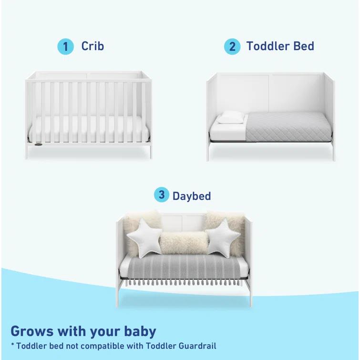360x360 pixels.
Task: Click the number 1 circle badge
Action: pos(66,47)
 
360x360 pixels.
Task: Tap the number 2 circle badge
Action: pos(232,47)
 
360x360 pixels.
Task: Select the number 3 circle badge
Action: pos(162,195)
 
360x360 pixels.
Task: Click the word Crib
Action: pos(93,46)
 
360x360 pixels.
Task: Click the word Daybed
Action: pos(192,195)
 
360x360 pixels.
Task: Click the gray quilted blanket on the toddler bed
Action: pos(286,126)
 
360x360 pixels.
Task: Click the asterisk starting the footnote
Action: pos(13,345)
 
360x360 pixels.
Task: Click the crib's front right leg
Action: pos(150,151)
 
